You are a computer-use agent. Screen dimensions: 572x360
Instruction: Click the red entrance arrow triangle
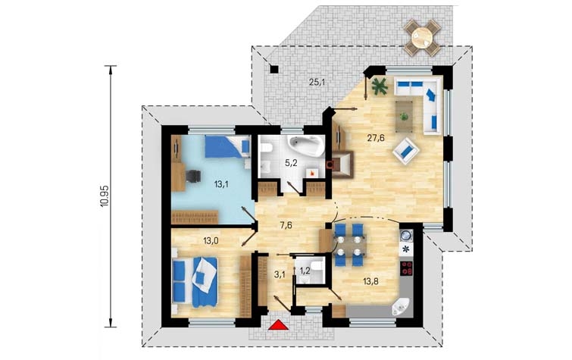point(278,325)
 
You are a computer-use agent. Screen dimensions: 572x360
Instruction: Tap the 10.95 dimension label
point(105,196)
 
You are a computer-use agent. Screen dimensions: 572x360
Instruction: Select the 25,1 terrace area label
point(317,82)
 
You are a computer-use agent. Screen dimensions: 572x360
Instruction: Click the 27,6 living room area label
point(376,138)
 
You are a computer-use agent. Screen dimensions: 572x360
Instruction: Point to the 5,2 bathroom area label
point(291,163)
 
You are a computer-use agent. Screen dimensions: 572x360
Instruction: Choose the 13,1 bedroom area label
point(221,184)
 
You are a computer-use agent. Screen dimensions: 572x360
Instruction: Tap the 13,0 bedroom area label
point(211,240)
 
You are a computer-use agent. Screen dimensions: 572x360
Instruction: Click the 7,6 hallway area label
point(286,225)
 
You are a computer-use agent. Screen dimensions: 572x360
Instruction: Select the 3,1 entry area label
point(280,274)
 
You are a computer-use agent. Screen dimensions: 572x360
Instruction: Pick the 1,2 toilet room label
point(305,271)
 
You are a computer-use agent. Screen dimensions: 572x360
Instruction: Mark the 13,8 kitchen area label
point(370,280)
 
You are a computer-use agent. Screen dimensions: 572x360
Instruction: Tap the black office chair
point(193,176)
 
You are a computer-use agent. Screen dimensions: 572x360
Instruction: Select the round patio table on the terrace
point(422,37)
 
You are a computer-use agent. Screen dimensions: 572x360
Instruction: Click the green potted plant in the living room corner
point(380,86)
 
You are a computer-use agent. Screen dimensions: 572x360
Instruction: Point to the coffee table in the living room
point(405,116)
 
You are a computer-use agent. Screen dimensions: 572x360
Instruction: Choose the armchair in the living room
point(405,150)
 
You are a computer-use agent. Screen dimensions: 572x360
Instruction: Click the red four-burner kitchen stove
point(407,268)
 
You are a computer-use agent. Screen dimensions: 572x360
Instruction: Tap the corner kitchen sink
point(402,307)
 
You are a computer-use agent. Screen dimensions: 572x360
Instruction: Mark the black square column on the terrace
point(274,69)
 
